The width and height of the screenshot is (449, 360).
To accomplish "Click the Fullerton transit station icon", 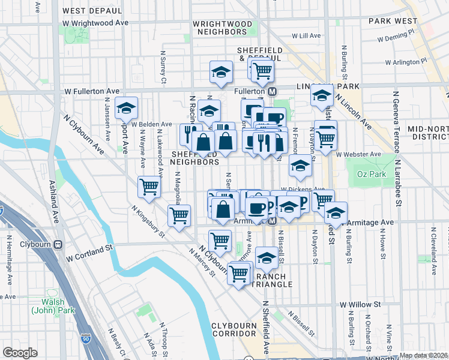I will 271,91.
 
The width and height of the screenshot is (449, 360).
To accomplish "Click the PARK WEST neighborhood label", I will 393,20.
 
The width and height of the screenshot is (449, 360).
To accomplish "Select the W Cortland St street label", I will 90,257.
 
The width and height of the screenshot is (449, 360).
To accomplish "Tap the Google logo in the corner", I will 20,353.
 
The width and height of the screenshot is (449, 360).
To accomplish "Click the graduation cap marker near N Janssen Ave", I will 127,108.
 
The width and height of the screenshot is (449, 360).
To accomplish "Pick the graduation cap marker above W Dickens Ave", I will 300,166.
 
